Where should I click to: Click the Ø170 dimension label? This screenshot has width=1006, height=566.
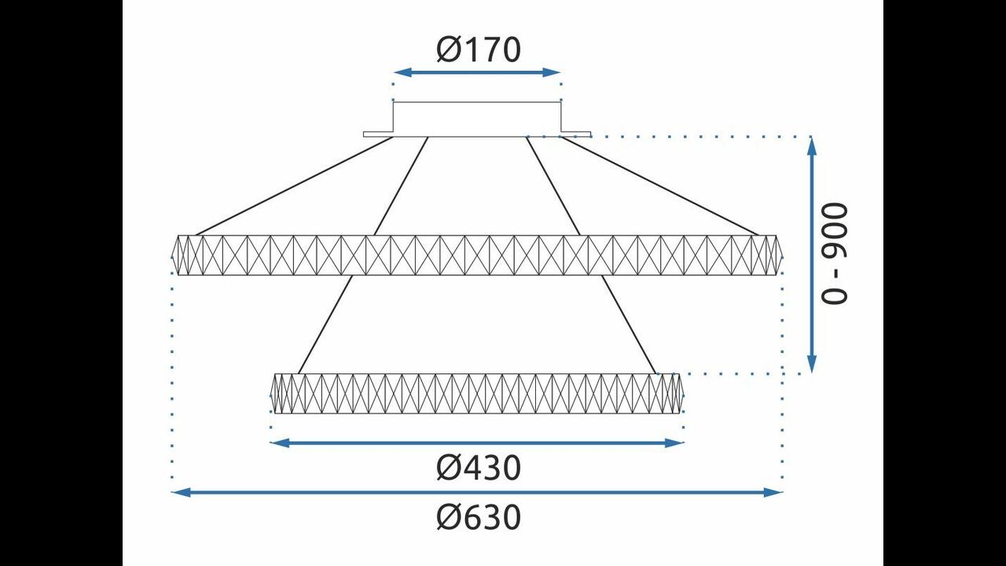[x=479, y=50]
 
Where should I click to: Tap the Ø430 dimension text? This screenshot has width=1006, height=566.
[x=479, y=468]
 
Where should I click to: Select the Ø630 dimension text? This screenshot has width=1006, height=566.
[x=479, y=517]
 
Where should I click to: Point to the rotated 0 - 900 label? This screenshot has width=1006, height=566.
[x=835, y=254]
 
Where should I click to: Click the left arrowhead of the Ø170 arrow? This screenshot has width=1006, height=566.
[x=403, y=72]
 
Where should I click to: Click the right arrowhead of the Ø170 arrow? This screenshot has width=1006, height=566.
[x=552, y=72]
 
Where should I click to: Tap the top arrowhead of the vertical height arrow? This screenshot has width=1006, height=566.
[x=812, y=145]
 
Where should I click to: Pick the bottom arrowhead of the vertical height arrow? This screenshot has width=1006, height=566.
[x=812, y=364]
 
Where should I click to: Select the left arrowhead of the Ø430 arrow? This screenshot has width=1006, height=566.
[x=280, y=443]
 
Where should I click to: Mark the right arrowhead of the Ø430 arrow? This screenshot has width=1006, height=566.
[x=674, y=443]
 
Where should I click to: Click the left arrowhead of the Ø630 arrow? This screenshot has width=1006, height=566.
[x=181, y=492]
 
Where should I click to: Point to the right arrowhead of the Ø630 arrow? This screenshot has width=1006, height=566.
[x=773, y=492]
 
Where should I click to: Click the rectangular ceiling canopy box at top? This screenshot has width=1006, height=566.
[x=477, y=119]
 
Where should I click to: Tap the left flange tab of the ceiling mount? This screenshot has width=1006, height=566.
[x=378, y=134]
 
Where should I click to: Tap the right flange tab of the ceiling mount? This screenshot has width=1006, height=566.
[x=576, y=134]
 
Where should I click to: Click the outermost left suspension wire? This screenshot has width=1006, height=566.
[x=294, y=186]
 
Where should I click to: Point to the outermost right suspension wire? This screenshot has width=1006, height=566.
[x=660, y=186]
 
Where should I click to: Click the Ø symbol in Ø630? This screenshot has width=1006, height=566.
[x=449, y=517]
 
